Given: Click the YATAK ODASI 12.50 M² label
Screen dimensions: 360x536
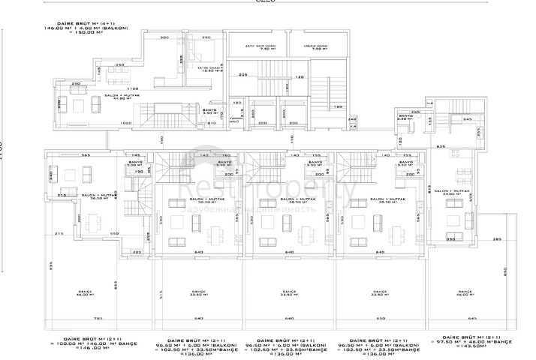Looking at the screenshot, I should (203, 69).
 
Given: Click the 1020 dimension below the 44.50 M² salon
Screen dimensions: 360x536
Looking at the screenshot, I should (126, 123).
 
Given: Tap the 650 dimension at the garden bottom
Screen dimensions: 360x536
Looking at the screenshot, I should (380, 319).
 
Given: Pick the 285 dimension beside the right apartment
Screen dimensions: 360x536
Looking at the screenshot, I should (496, 238).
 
